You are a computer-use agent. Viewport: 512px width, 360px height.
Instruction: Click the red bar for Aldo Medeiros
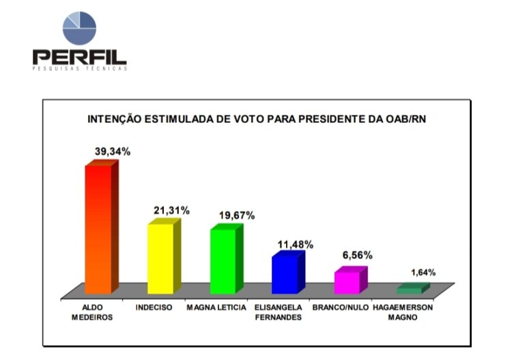click(x=98, y=229)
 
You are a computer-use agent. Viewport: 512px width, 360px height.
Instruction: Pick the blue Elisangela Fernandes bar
click(x=285, y=274)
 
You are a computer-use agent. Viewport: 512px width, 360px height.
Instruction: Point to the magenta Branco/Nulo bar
click(x=347, y=282)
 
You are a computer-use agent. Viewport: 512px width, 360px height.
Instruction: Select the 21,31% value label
click(x=171, y=210)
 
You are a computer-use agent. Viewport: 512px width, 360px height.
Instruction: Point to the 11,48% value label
click(x=295, y=244)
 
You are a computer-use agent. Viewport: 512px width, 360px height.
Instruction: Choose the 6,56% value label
click(x=357, y=255)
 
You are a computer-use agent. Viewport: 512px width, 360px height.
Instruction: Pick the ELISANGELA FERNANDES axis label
click(x=279, y=312)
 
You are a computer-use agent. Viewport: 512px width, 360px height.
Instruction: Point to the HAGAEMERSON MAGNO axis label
click(x=403, y=312)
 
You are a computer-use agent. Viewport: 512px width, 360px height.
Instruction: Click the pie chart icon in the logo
click(x=79, y=29)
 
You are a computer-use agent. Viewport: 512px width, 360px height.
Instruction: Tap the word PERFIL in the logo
click(x=79, y=57)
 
